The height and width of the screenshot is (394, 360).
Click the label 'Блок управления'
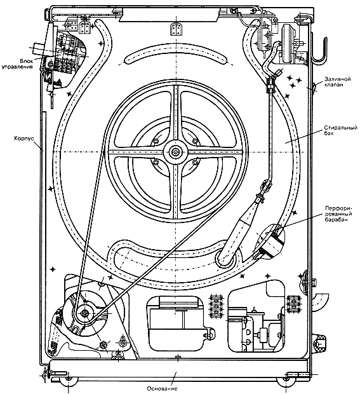click(x=17, y=64)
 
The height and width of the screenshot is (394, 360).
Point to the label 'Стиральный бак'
click(x=341, y=130)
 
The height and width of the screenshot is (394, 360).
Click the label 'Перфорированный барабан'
click(x=338, y=214)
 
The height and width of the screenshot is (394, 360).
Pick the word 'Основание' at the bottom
click(x=162, y=389)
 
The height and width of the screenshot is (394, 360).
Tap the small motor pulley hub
click(x=84, y=313)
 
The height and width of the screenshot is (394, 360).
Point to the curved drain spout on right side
click(x=320, y=301)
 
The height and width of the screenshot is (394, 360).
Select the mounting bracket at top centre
click(x=176, y=29)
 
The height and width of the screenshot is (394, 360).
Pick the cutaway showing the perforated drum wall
click(x=270, y=241)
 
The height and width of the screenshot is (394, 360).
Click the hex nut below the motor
click(x=103, y=344)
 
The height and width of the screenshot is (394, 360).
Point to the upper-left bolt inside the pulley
click(x=155, y=142)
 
